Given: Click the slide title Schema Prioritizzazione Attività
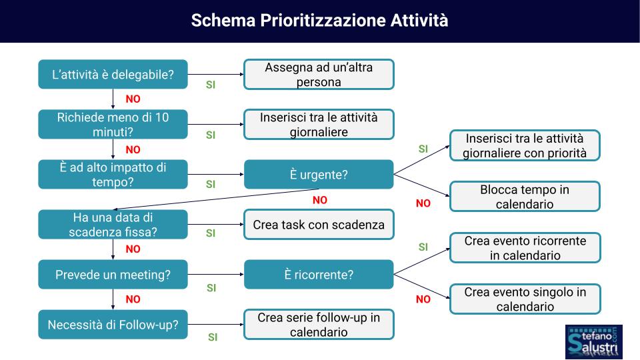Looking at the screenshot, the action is pyautogui.click(x=319, y=21).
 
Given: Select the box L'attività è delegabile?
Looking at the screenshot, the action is pyautogui.click(x=113, y=74).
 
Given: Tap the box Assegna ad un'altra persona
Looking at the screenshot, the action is pyautogui.click(x=319, y=74).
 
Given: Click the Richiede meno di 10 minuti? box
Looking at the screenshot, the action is pyautogui.click(x=113, y=125).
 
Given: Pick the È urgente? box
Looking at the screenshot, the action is pyautogui.click(x=319, y=174).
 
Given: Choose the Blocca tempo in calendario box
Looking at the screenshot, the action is pyautogui.click(x=525, y=196).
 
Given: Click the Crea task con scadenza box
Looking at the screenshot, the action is pyautogui.click(x=319, y=225).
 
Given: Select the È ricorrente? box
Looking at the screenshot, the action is pyautogui.click(x=319, y=274).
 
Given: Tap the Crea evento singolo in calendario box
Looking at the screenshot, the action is pyautogui.click(x=525, y=299).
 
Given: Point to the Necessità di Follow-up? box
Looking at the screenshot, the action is pyautogui.click(x=113, y=325).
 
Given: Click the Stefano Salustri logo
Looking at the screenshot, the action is pyautogui.click(x=594, y=342).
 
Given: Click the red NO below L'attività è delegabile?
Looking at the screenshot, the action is pyautogui.click(x=133, y=99).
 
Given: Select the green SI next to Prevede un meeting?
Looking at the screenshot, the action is pyautogui.click(x=211, y=288).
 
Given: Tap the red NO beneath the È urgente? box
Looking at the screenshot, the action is pyautogui.click(x=320, y=200).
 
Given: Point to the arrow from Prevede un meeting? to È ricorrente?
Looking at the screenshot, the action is pyautogui.click(x=216, y=274).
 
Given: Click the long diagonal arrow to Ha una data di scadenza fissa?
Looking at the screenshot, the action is pyautogui.click(x=216, y=199).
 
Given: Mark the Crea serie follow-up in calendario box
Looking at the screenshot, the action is pyautogui.click(x=319, y=325).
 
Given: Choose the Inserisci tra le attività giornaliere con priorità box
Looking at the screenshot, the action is pyautogui.click(x=525, y=145).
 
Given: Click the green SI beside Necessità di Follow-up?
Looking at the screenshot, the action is pyautogui.click(x=213, y=337).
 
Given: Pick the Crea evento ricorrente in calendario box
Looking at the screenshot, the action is pyautogui.click(x=525, y=248).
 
